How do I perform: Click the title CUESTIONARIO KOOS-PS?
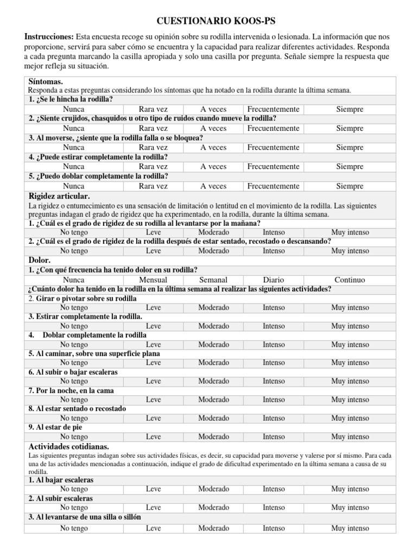(208, 21)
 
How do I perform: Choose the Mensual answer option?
(153, 280)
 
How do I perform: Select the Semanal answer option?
(213, 280)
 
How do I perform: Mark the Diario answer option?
(273, 280)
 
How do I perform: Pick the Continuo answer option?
(350, 280)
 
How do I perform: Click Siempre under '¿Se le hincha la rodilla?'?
(350, 109)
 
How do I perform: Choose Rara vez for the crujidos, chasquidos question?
(153, 128)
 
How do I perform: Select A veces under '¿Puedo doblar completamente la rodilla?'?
(213, 186)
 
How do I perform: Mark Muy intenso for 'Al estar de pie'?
(350, 437)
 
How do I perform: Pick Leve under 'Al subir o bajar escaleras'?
(153, 381)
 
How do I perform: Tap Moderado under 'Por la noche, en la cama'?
(213, 400)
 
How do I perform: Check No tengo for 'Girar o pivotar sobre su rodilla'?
(73, 307)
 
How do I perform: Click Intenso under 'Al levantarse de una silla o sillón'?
(273, 528)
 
